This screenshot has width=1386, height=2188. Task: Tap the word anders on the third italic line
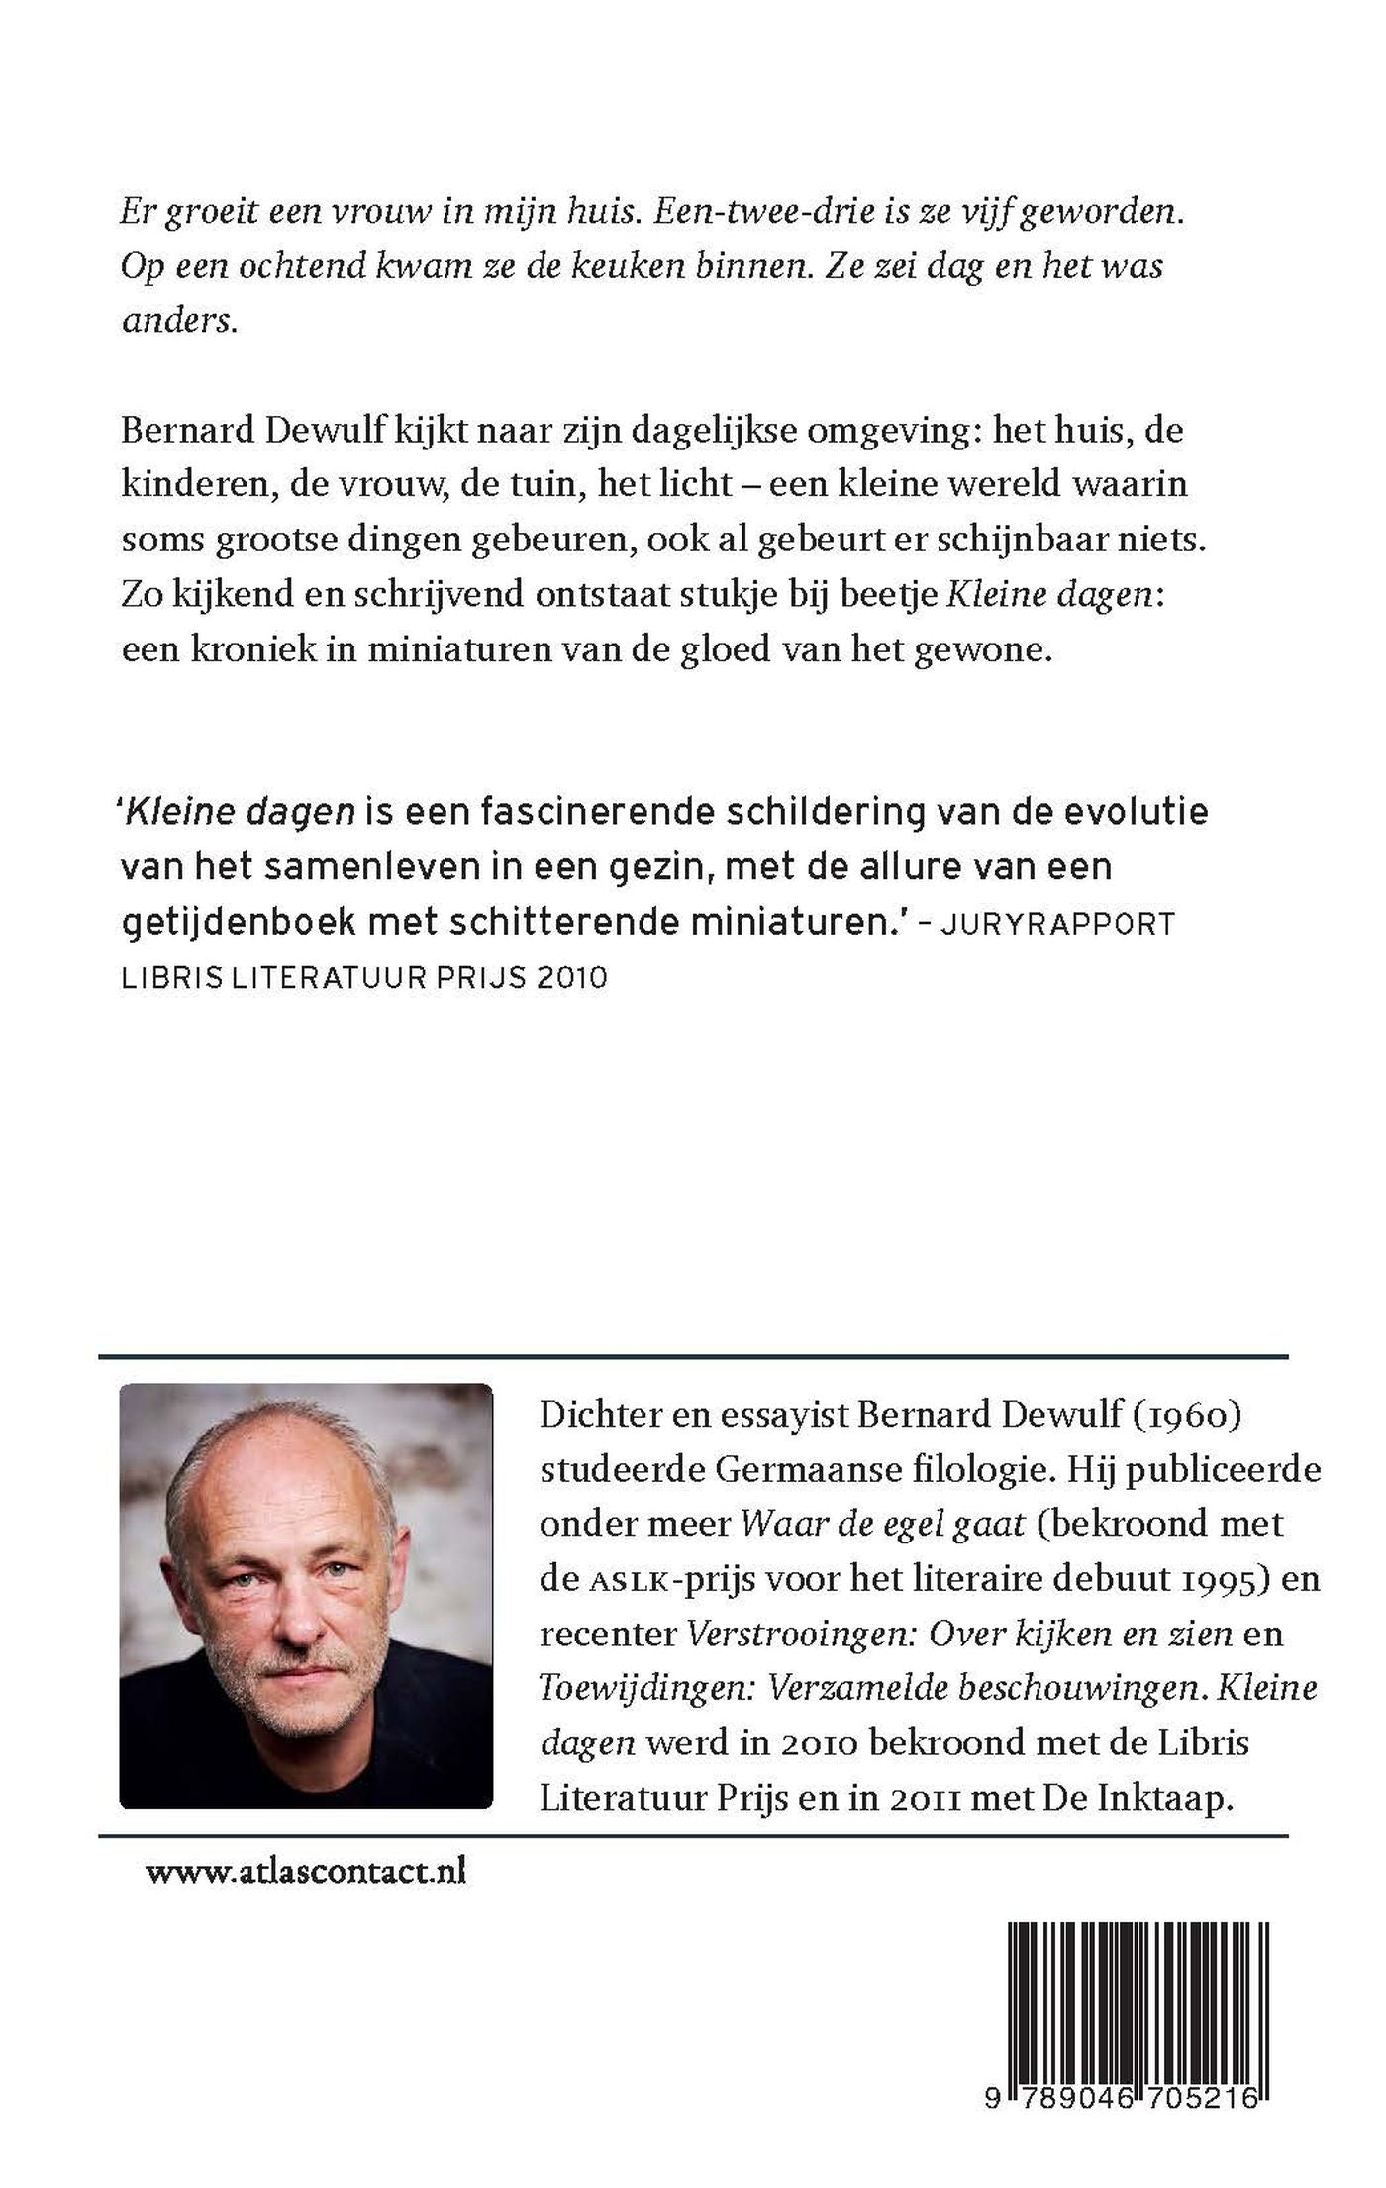[x=178, y=321]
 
